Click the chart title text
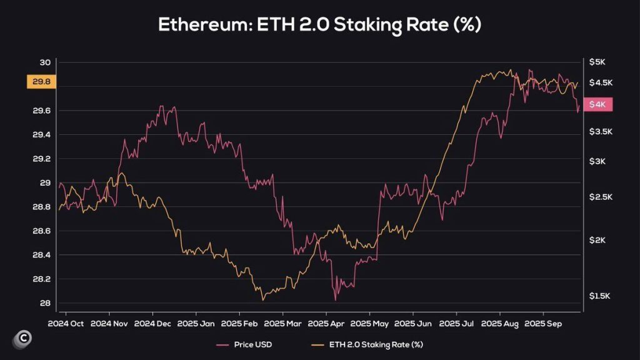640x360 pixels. pyautogui.click(x=319, y=25)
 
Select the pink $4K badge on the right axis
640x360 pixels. pyautogui.click(x=597, y=105)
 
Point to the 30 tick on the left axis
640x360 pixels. pyautogui.click(x=45, y=62)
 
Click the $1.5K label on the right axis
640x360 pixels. pyautogui.click(x=599, y=296)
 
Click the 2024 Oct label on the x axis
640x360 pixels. pyautogui.click(x=66, y=324)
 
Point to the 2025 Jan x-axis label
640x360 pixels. pyautogui.click(x=196, y=324)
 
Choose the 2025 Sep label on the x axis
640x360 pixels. pyautogui.click(x=542, y=324)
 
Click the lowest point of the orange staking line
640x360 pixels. pyautogui.click(x=262, y=300)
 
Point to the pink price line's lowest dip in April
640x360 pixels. pyautogui.click(x=335, y=300)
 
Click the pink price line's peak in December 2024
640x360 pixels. pyautogui.click(x=161, y=106)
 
